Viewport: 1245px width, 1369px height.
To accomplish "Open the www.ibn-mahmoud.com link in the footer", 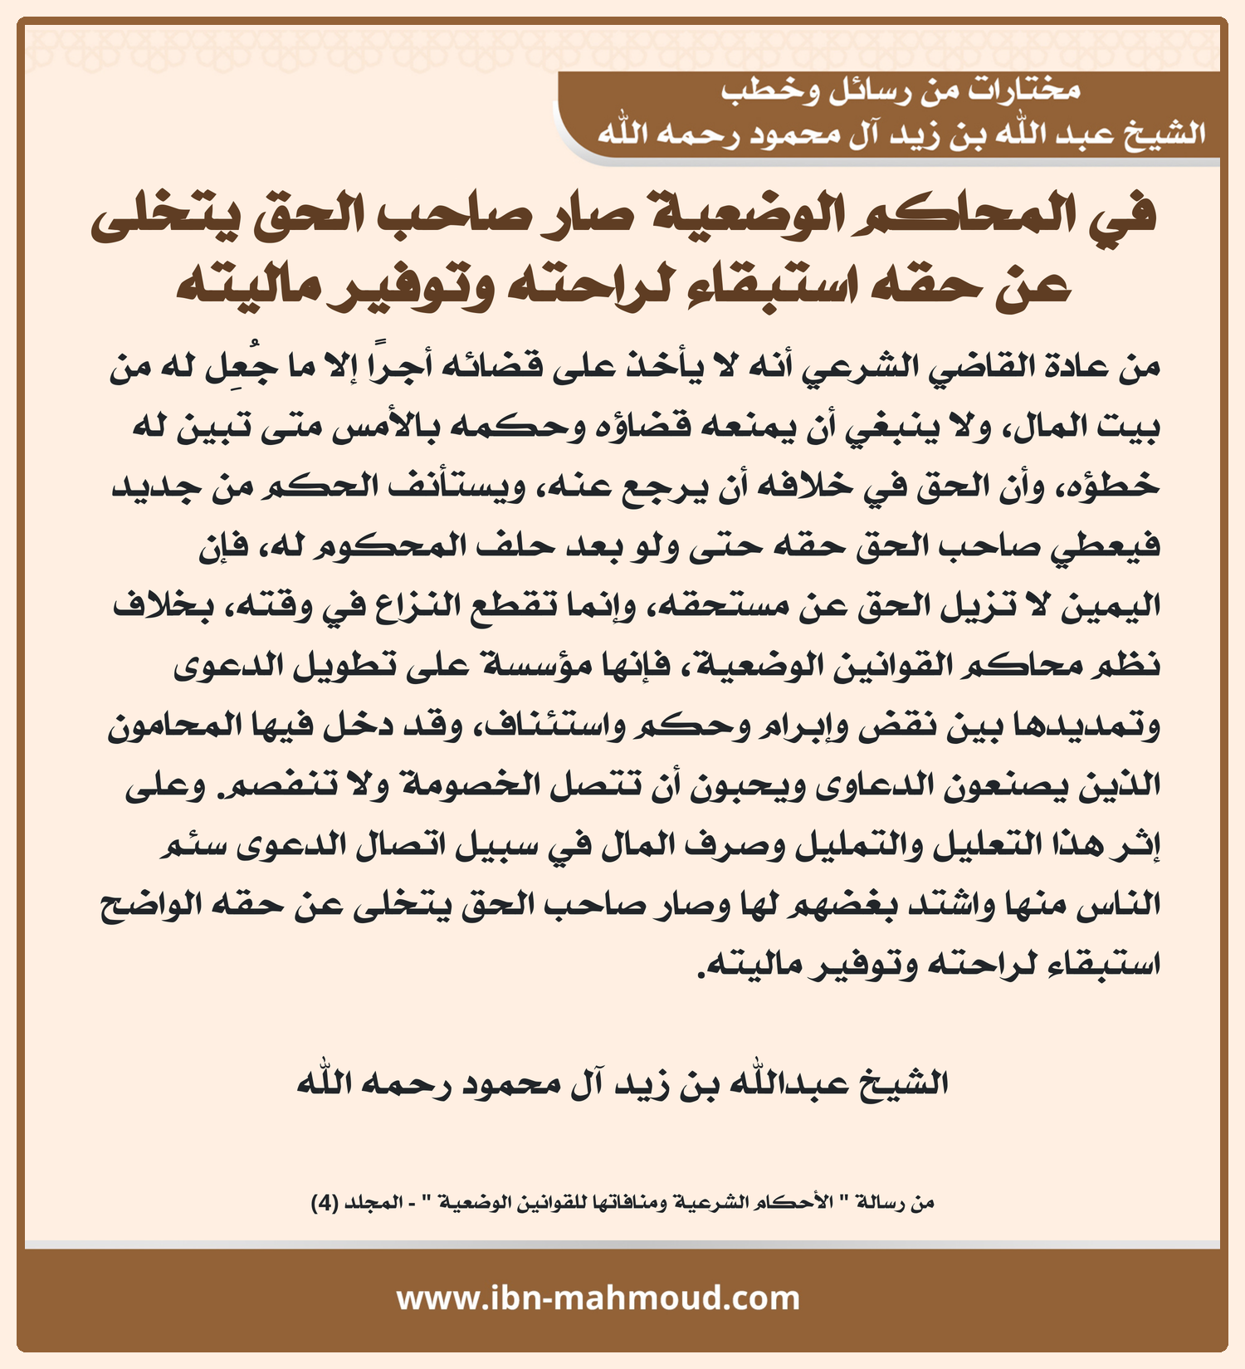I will [598, 1298].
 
